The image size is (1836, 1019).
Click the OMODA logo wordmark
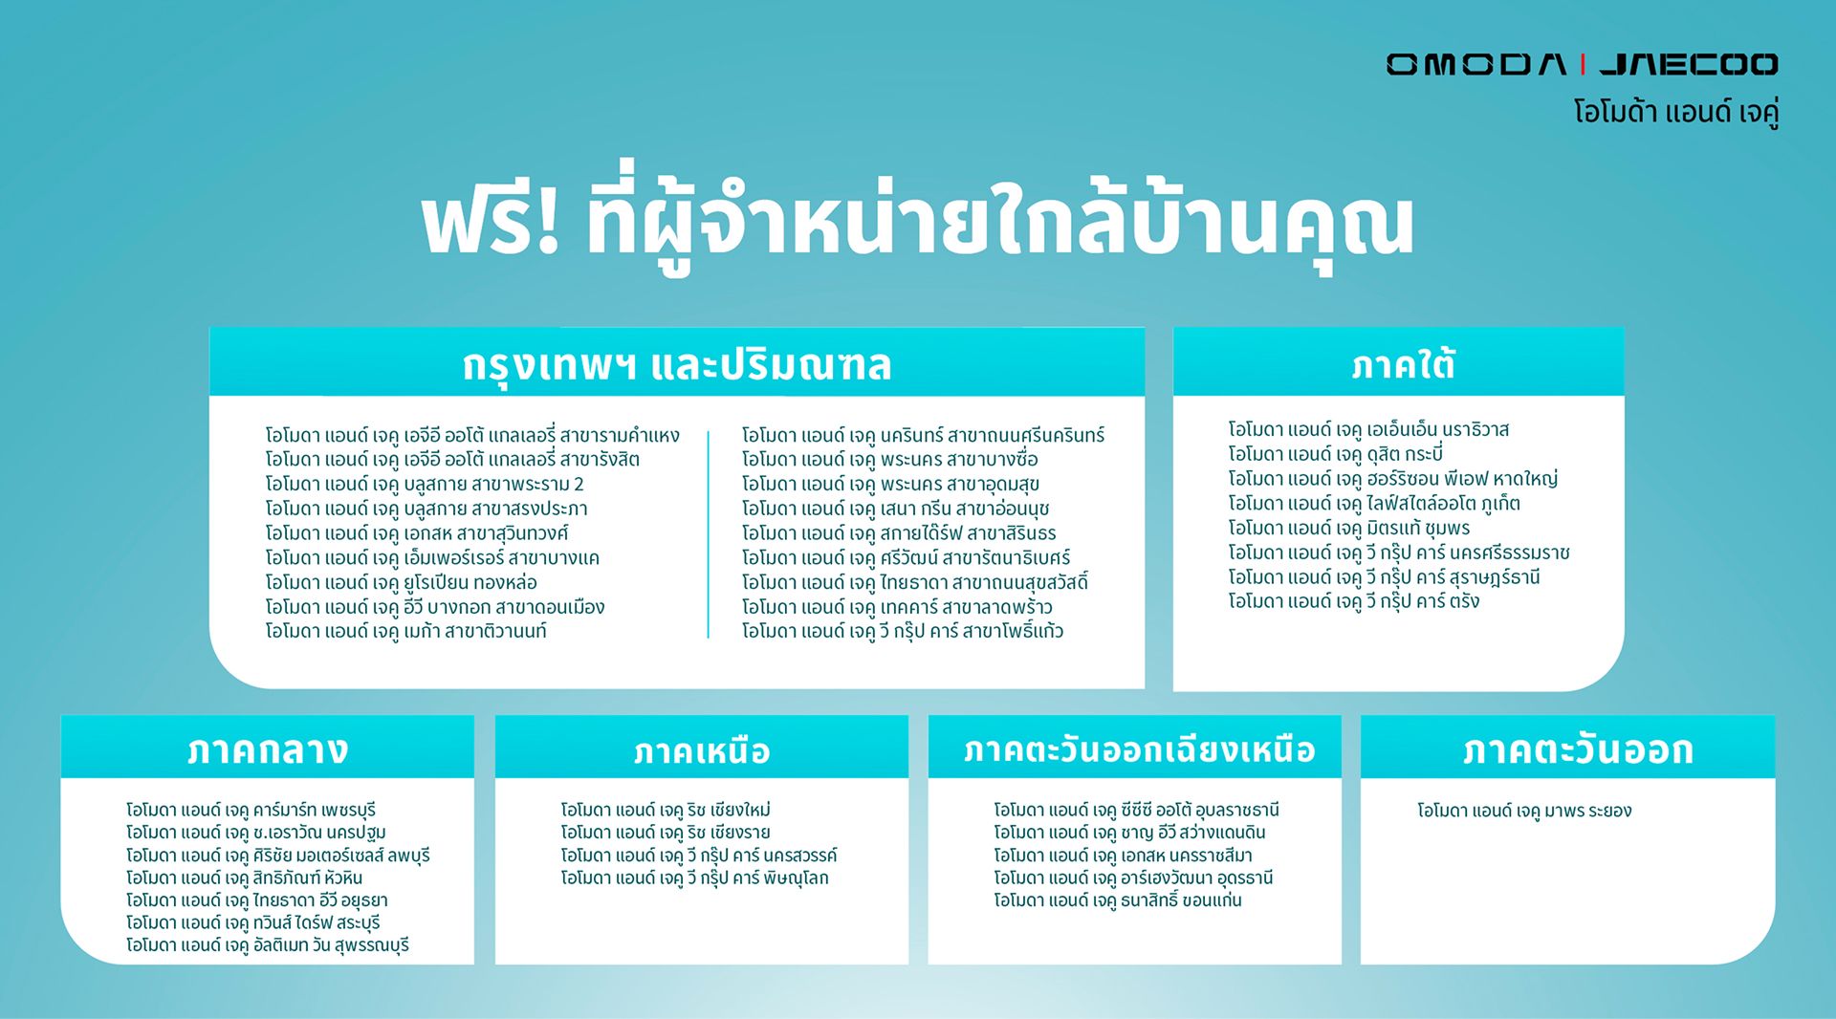tap(1476, 64)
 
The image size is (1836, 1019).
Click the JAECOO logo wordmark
tap(1689, 64)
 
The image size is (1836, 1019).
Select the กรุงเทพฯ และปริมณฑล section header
tap(677, 364)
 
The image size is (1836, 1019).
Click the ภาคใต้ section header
tap(1403, 364)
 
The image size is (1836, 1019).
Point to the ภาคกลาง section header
tap(268, 749)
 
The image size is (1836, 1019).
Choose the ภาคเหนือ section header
tap(702, 751)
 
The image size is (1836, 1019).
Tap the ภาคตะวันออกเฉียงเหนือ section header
tap(1139, 749)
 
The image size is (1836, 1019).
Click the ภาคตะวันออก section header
tap(1578, 749)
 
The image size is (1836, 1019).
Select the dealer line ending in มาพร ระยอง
tap(1524, 811)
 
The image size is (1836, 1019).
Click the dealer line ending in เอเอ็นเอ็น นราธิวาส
tap(1368, 429)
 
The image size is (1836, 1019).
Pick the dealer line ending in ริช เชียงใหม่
tap(666, 810)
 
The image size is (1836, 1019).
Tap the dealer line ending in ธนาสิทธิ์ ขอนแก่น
tap(1117, 900)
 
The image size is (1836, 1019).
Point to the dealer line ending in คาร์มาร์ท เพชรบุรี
tap(251, 810)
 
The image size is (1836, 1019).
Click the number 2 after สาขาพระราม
tap(579, 485)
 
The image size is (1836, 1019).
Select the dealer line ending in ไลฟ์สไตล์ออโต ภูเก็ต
tap(1374, 503)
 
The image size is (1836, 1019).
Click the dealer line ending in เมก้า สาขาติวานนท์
tap(405, 631)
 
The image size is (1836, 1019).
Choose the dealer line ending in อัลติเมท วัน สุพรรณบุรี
tap(268, 944)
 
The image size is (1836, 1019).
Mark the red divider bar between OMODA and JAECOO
tap(1584, 64)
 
